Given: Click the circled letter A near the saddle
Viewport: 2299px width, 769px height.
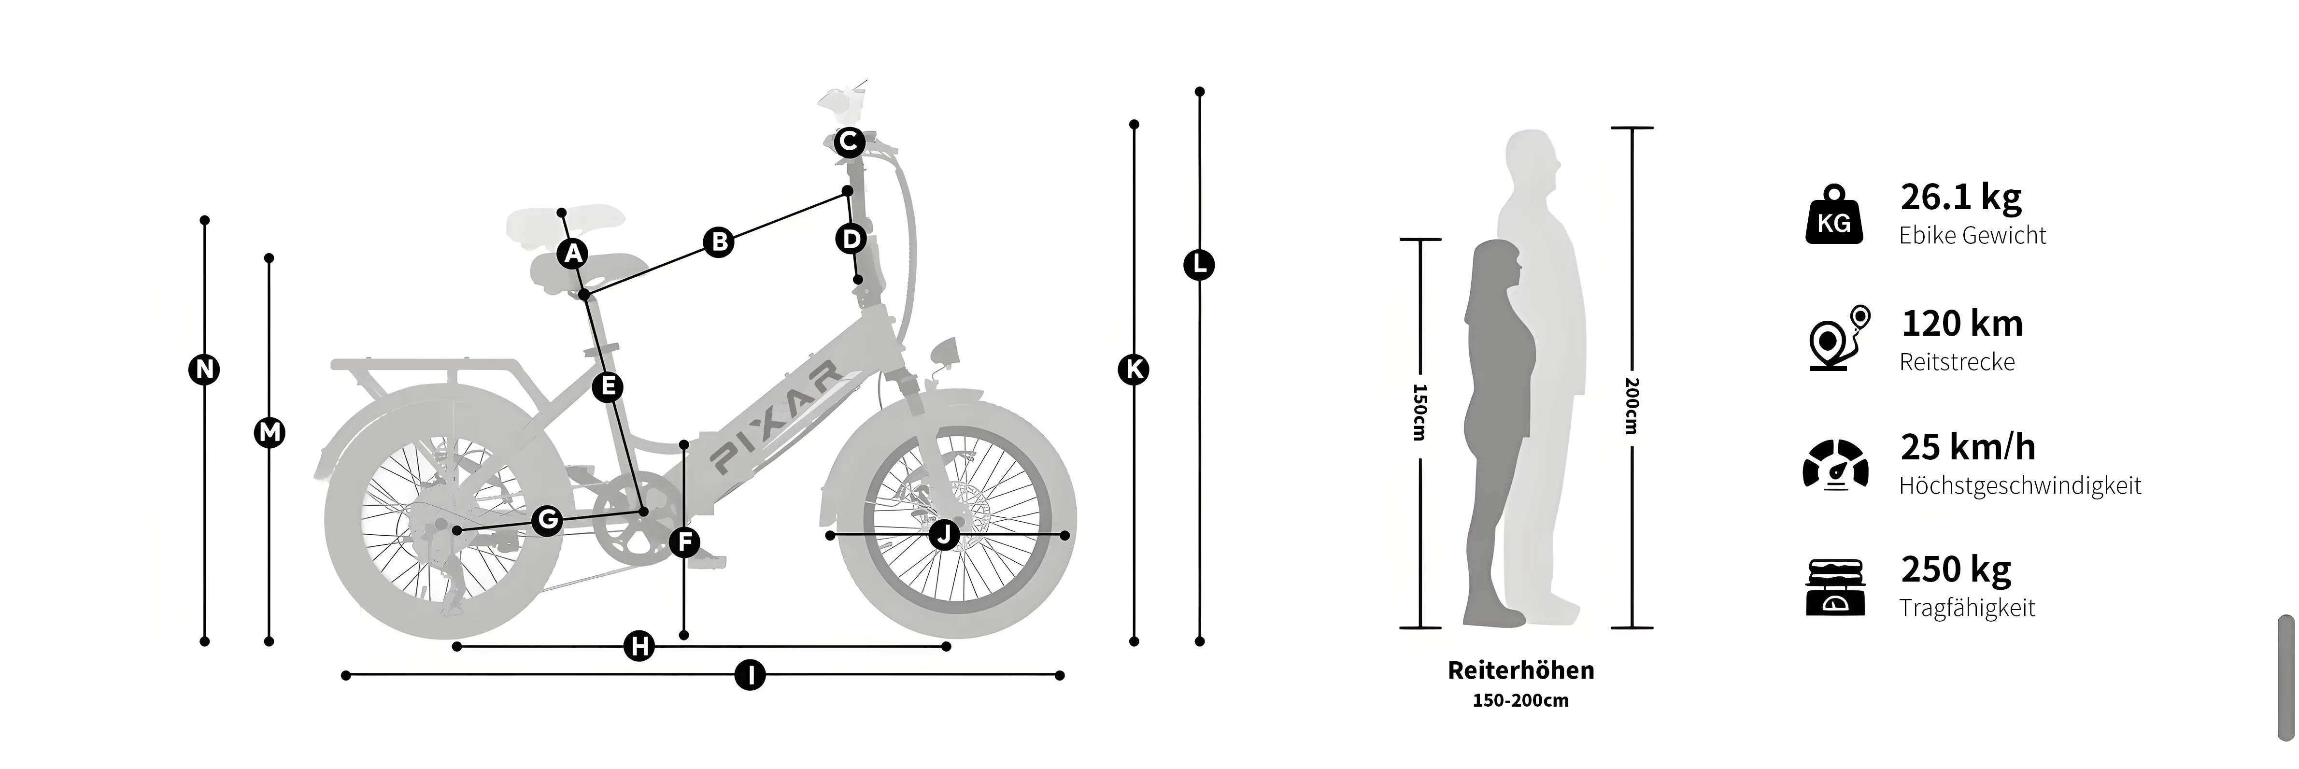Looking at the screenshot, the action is pyautogui.click(x=573, y=254).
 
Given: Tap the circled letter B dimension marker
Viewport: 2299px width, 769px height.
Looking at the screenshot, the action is pyautogui.click(x=719, y=242).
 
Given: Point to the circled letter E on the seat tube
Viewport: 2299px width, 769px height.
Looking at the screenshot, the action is pyautogui.click(x=608, y=386).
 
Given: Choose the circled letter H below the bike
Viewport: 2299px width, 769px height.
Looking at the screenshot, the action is pyautogui.click(x=639, y=646).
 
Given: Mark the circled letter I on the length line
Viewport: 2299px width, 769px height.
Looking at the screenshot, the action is pyautogui.click(x=751, y=675).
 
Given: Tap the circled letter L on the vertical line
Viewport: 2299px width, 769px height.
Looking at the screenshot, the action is pyautogui.click(x=1199, y=265).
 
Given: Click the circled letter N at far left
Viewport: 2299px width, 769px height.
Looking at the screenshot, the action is pyautogui.click(x=204, y=370).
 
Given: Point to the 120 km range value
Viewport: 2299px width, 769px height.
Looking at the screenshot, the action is pyautogui.click(x=1962, y=323).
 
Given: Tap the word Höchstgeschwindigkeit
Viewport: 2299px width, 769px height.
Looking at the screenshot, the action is pyautogui.click(x=2020, y=486).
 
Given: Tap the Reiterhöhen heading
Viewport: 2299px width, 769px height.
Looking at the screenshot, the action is pyautogui.click(x=1521, y=670).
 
